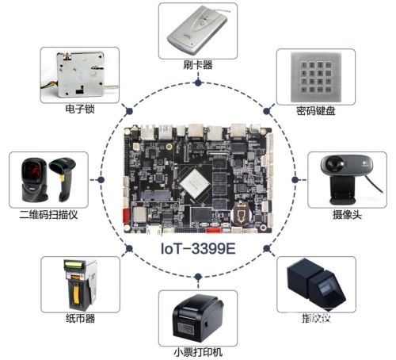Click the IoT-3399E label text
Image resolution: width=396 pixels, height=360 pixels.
pos(198,248)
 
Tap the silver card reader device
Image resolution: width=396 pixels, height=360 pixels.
pos(197,29)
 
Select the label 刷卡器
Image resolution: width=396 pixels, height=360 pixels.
pos(198,65)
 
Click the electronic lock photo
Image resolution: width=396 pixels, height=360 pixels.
pos(80,75)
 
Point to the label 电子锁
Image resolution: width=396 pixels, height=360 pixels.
pos(80,109)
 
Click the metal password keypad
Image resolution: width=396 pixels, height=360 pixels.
pos(316,77)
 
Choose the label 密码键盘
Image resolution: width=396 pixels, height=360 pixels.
pos(316,111)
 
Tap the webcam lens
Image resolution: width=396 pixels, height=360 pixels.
pos(334,164)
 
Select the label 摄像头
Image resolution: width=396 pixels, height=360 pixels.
pos(347,214)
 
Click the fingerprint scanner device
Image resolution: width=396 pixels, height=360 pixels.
pos(316,285)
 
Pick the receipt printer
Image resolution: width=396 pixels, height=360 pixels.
pos(198,318)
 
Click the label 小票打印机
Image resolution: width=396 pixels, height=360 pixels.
pos(198,352)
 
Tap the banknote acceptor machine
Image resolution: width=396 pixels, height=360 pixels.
pos(80,285)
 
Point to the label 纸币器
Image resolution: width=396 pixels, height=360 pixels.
pos(80,319)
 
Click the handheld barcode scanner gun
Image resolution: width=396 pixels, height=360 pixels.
pos(63,178)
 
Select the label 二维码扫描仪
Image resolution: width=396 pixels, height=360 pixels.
pos(48,214)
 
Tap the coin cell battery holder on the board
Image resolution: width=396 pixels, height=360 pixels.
pos(241,213)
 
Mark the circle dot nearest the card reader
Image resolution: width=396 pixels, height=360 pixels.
pos(198,83)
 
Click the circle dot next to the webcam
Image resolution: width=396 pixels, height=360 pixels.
pos(295,180)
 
